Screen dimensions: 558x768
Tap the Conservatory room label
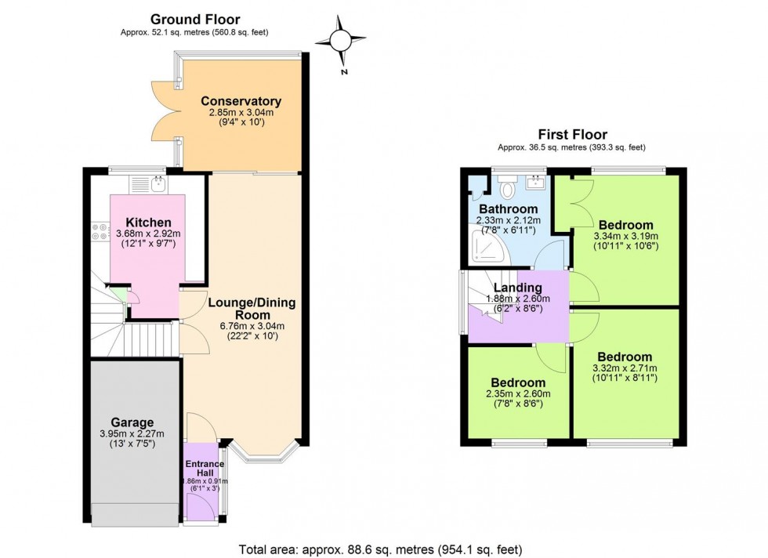(241, 101)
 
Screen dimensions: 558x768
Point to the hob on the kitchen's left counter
(100, 233)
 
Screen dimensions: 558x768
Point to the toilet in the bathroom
(506, 187)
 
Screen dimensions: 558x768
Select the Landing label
(513, 288)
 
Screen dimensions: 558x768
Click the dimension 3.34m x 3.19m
(625, 236)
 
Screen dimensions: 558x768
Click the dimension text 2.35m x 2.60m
(517, 393)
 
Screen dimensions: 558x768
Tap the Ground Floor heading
(195, 19)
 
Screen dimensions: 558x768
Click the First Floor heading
(572, 135)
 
